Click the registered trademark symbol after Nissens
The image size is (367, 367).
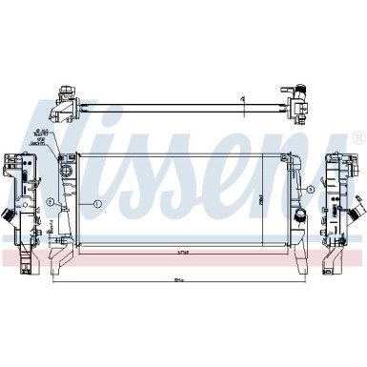tap(357, 139)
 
